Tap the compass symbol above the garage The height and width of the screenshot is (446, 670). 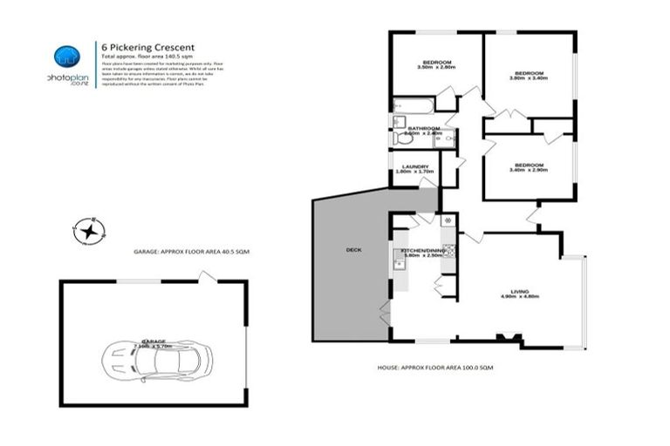[89, 231]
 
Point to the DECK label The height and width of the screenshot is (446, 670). [353, 250]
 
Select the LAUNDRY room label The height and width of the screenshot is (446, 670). [414, 167]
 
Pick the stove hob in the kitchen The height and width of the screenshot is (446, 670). [449, 252]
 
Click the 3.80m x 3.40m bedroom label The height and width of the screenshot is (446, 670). [529, 75]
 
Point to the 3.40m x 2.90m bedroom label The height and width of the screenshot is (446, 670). [528, 167]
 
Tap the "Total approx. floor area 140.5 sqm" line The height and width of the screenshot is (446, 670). [147, 56]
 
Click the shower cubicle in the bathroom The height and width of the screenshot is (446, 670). [448, 138]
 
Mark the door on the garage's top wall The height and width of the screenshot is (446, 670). [207, 276]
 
